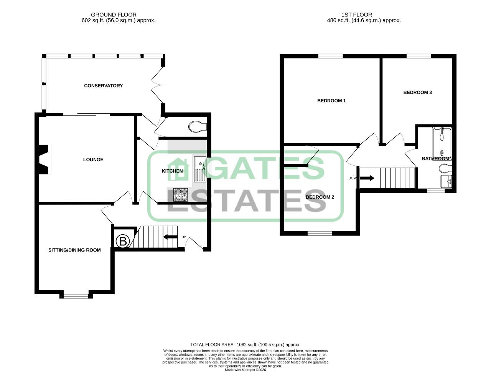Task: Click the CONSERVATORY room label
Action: click(103, 86)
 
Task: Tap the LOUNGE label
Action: click(93, 160)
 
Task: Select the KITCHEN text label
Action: click(172, 171)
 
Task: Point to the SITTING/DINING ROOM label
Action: click(74, 250)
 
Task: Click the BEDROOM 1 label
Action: click(331, 101)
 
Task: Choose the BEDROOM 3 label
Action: click(418, 92)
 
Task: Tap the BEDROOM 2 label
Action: click(320, 197)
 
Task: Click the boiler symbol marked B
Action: click(123, 241)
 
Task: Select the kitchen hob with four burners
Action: click(181, 194)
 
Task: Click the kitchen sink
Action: click(200, 169)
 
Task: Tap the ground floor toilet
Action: click(198, 127)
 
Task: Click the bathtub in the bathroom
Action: click(442, 144)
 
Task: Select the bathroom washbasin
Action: click(446, 181)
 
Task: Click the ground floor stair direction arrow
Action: click(170, 237)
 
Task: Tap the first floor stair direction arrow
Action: click(367, 178)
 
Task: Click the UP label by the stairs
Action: click(184, 237)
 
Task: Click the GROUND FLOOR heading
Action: click(114, 15)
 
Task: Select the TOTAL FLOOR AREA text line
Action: click(245, 345)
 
